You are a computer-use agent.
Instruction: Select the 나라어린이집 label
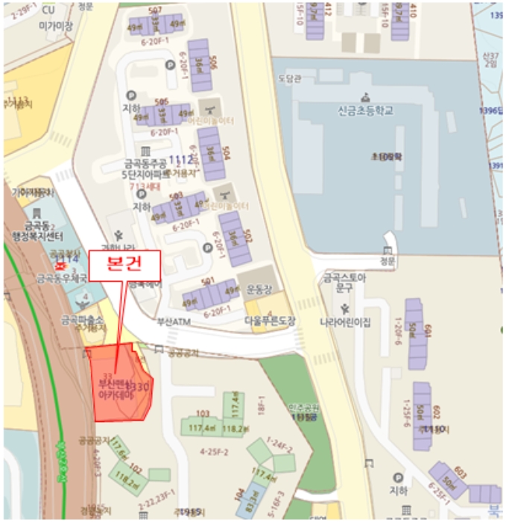[x=345, y=321]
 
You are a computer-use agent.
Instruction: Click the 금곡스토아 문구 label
[x=344, y=282]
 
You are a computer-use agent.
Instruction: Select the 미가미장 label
[x=56, y=25]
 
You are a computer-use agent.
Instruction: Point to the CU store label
[x=48, y=10]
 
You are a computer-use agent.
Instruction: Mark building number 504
[x=226, y=153]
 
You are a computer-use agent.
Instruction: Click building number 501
[x=208, y=282]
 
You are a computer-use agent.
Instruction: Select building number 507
[x=155, y=10]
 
